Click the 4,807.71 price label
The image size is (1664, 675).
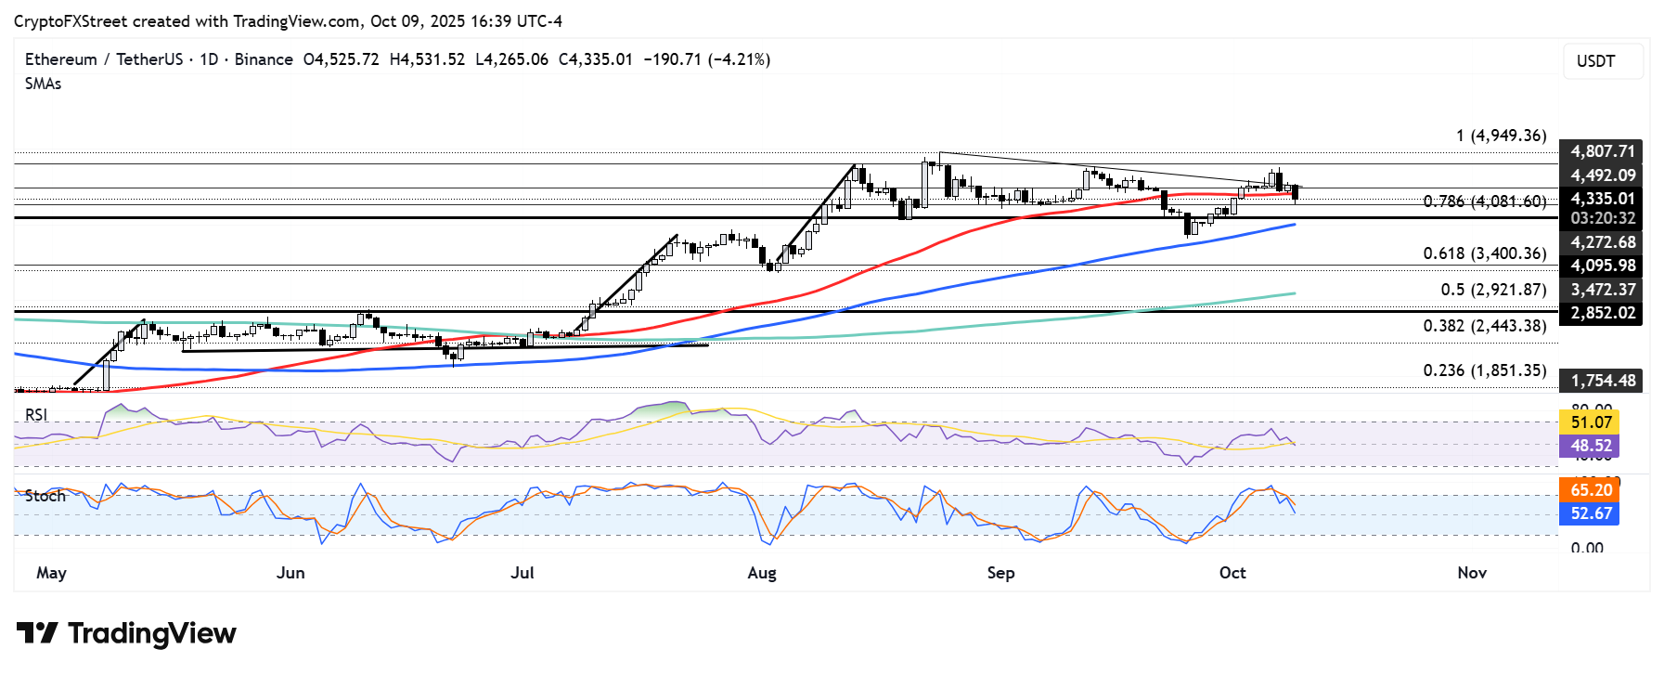coord(1602,151)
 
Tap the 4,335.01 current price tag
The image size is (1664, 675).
coord(1602,199)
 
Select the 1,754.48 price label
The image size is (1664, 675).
coord(1602,381)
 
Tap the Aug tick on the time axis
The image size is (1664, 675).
coord(761,573)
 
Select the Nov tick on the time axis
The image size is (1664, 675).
coord(1471,573)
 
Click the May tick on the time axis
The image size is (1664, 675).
coord(51,573)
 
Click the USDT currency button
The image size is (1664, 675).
coord(1595,61)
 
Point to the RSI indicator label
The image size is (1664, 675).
coord(36,415)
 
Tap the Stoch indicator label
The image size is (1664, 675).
coord(45,496)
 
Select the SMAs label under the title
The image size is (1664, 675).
coord(44,84)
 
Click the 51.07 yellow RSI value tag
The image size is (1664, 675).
coord(1590,422)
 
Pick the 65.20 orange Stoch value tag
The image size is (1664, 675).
coord(1590,490)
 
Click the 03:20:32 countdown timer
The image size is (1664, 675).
coord(1602,218)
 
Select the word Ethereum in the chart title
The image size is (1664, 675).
coord(60,59)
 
